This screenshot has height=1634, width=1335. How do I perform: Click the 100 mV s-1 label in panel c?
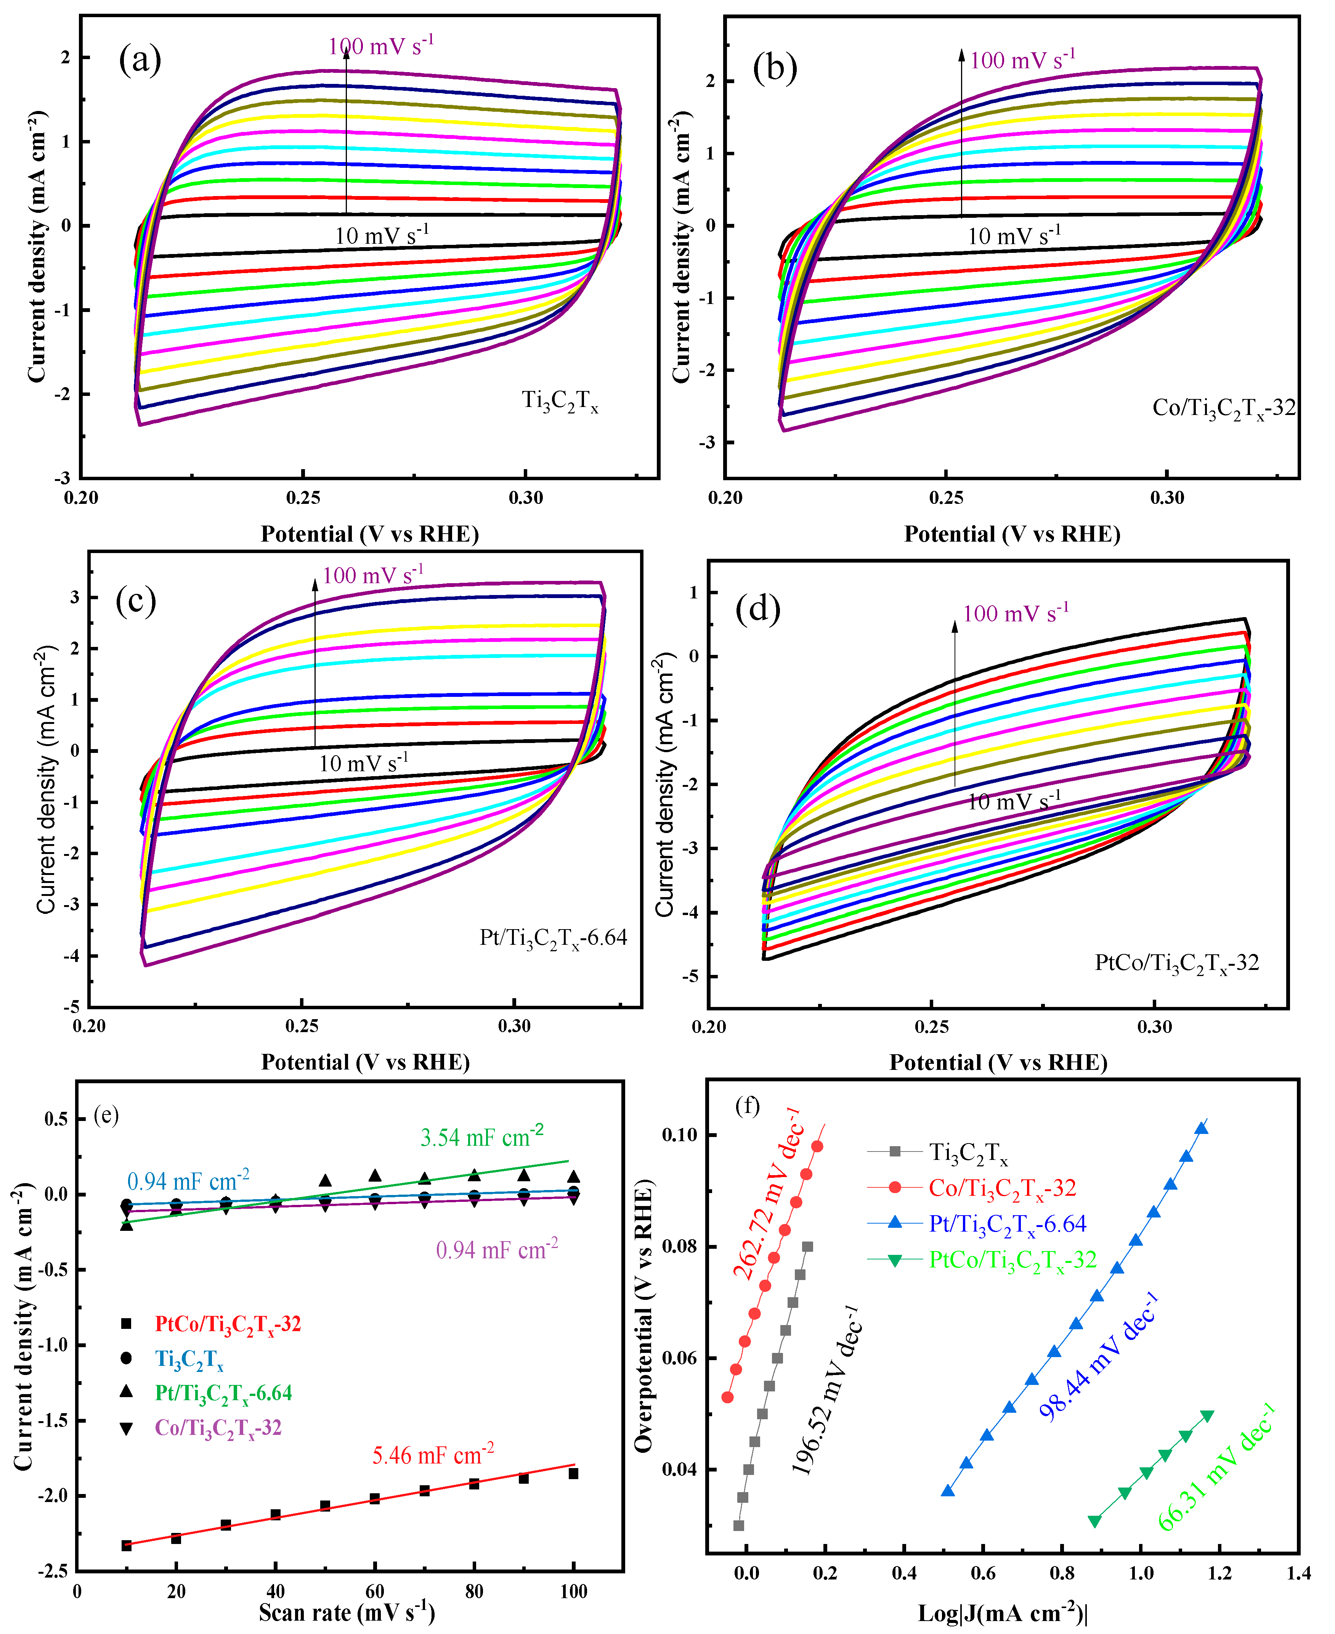(x=373, y=576)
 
